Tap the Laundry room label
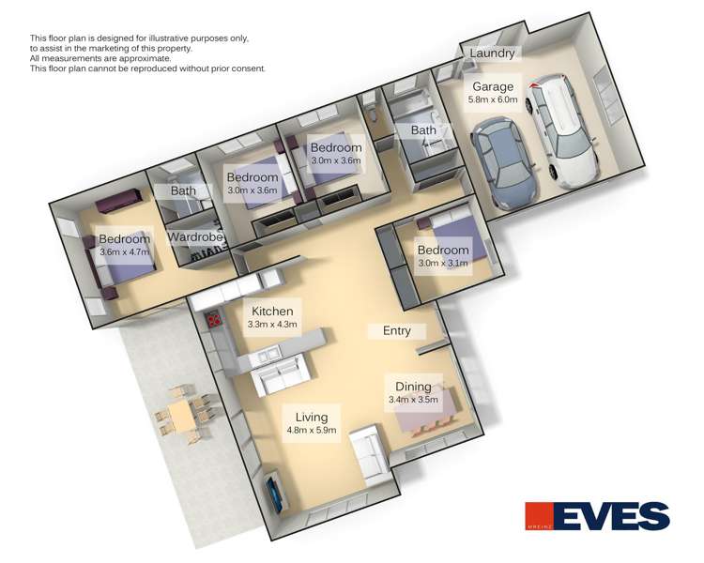(x=492, y=54)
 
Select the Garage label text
(x=493, y=86)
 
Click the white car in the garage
(x=564, y=131)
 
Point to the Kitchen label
(x=272, y=311)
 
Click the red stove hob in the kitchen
(x=214, y=320)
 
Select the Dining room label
(x=413, y=387)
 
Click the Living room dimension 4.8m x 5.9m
(x=314, y=432)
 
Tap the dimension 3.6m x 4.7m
(x=125, y=252)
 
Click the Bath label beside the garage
(x=423, y=130)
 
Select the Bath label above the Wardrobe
(x=183, y=190)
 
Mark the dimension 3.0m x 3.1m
(x=443, y=264)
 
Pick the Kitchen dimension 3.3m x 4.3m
(x=272, y=325)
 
